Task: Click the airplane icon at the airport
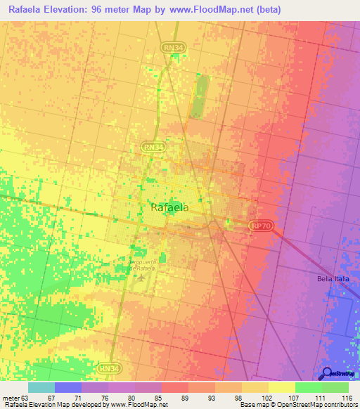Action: [141, 275]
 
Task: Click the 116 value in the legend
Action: [346, 397]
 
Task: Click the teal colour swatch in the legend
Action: [41, 387]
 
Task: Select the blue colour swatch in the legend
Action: [68, 387]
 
